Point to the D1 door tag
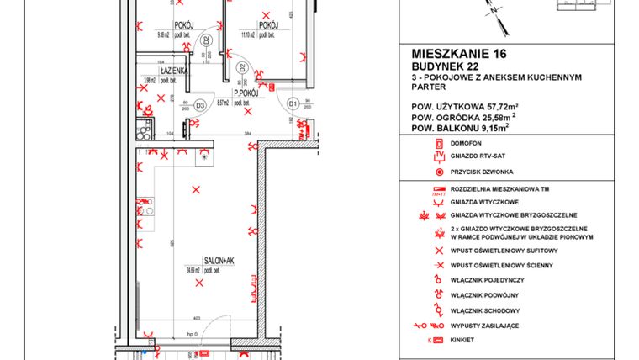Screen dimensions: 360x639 pos(293,103)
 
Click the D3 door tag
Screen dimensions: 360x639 pos(200,105)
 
